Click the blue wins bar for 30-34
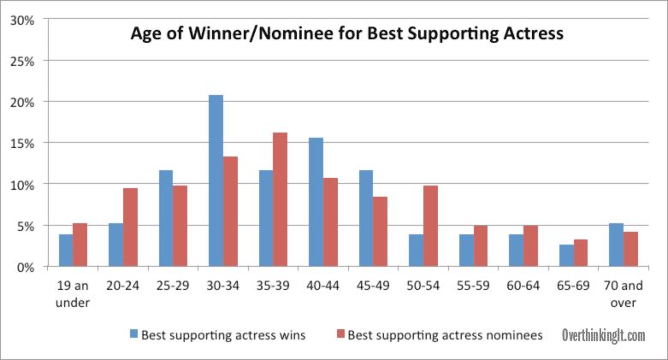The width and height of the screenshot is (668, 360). pyautogui.click(x=216, y=180)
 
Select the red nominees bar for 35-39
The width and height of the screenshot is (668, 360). pyautogui.click(x=280, y=199)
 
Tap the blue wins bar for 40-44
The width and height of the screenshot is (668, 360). pyautogui.click(x=316, y=202)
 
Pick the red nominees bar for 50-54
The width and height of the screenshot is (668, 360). pyautogui.click(x=431, y=226)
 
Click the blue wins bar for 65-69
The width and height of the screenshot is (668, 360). pyautogui.click(x=566, y=256)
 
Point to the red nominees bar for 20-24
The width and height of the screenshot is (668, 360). pyautogui.click(x=130, y=227)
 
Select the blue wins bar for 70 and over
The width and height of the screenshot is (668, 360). pyautogui.click(x=616, y=245)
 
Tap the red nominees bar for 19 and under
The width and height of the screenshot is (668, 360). pyautogui.click(x=80, y=245)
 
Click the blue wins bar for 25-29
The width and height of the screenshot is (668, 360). pyautogui.click(x=166, y=219)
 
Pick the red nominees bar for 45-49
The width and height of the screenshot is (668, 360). pyautogui.click(x=381, y=232)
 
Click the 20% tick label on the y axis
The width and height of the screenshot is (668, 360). pyautogui.click(x=22, y=103)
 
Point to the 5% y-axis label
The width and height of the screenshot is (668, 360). pyautogui.click(x=26, y=227)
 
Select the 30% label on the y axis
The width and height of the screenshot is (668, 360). pyautogui.click(x=22, y=21)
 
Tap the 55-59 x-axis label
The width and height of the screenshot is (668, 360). pyautogui.click(x=473, y=286)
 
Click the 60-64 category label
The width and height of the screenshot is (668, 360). pyautogui.click(x=523, y=286)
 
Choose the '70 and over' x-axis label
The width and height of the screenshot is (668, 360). pyautogui.click(x=624, y=294)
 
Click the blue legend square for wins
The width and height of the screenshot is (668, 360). pyautogui.click(x=134, y=334)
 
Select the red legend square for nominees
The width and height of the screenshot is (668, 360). pyautogui.click(x=340, y=334)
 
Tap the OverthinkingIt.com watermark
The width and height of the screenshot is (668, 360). pyautogui.click(x=603, y=335)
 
